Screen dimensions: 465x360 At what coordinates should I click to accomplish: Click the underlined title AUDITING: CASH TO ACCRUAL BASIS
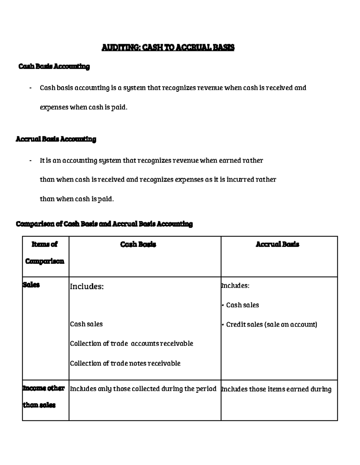(168, 48)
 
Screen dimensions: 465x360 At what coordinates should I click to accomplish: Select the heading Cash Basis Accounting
(54, 66)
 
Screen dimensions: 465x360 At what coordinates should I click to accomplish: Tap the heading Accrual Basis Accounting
(56, 139)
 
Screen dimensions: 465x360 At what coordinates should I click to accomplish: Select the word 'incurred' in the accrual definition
(240, 180)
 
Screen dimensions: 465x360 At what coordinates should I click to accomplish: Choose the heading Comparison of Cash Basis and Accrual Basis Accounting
(104, 224)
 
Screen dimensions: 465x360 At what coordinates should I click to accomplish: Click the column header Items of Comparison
(45, 253)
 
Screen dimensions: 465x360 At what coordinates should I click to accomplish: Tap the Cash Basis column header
(138, 245)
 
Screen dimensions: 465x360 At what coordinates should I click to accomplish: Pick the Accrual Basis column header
(277, 245)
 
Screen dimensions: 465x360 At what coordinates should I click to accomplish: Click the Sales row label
(31, 285)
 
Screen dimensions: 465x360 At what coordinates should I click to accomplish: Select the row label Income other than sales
(43, 397)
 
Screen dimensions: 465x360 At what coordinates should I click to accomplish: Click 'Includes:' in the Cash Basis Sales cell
(87, 287)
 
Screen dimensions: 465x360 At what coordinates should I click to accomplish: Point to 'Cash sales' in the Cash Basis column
(86, 324)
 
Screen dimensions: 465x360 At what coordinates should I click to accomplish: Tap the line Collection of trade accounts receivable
(131, 344)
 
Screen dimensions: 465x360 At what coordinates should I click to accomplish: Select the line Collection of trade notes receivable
(125, 363)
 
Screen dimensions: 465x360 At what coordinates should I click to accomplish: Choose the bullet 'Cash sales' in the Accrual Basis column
(242, 305)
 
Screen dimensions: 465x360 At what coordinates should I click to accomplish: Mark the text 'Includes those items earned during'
(276, 389)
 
